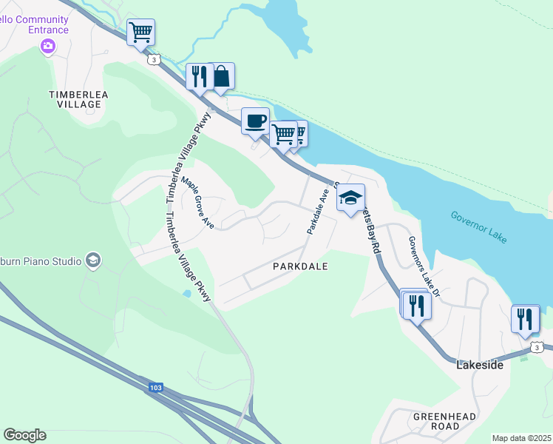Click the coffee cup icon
click(x=255, y=121)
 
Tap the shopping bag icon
click(x=220, y=75)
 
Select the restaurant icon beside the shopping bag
click(x=200, y=77)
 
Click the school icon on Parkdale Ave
click(x=350, y=198)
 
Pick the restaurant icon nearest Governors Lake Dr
click(x=417, y=305)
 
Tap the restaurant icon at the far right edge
click(x=526, y=318)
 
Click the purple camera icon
click(x=48, y=47)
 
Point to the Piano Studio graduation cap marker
click(x=93, y=260)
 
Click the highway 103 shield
click(x=155, y=387)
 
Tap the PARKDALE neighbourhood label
click(x=300, y=266)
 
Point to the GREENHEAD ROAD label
click(x=435, y=421)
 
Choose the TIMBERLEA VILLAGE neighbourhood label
click(x=74, y=99)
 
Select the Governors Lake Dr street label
click(x=424, y=266)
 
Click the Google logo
click(x=24, y=435)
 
